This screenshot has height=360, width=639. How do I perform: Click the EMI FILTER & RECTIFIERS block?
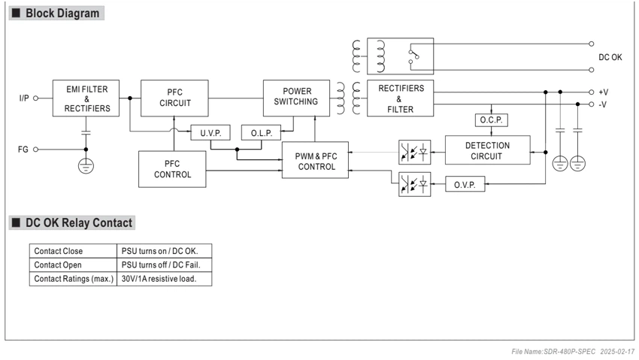86,98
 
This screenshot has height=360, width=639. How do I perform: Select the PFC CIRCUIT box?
174,98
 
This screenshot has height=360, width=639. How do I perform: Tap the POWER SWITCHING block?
296,98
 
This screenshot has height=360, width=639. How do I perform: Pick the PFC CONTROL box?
172,169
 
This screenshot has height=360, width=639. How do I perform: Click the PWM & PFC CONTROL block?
315,160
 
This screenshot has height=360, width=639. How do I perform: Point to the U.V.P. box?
210,133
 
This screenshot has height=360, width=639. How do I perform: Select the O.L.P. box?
261,133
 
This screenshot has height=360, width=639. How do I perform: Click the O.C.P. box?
492,120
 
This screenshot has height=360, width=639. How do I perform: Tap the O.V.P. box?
465,184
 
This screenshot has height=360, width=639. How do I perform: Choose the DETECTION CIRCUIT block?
487,150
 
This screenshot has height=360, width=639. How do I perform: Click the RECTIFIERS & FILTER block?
400,98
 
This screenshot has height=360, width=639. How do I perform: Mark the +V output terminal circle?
592,92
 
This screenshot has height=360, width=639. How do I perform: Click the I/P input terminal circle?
35,98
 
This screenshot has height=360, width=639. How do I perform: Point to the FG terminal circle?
35,150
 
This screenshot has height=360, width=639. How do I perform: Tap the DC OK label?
610,57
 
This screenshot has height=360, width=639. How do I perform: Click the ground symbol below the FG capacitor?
86,166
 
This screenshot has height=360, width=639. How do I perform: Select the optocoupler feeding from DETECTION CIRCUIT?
414,153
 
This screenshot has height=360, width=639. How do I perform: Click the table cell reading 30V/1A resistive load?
159,279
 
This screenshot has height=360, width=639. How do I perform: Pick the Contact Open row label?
58,265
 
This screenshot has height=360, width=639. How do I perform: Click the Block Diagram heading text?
62,13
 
